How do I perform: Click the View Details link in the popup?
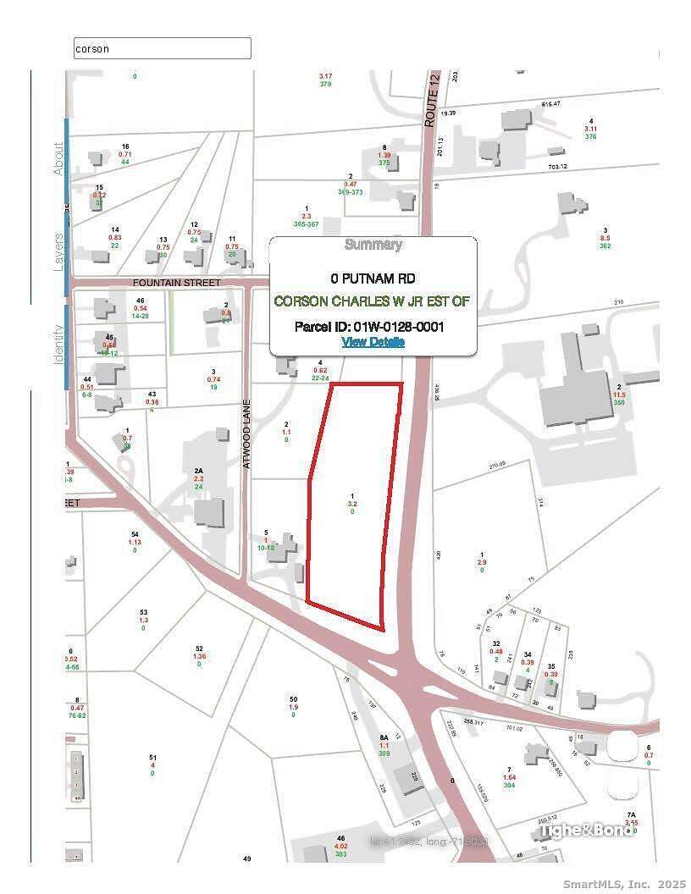(373, 342)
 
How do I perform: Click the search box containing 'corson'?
(163, 48)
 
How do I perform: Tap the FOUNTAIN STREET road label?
(176, 282)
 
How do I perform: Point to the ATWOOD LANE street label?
(247, 434)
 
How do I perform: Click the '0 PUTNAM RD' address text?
(373, 279)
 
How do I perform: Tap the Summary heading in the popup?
(373, 245)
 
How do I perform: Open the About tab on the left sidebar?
(59, 158)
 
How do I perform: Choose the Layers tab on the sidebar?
(59, 251)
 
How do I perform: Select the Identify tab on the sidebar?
(59, 345)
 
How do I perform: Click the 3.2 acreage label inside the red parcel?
(352, 504)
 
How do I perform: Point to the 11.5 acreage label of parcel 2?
(620, 395)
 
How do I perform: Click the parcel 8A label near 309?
(384, 745)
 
